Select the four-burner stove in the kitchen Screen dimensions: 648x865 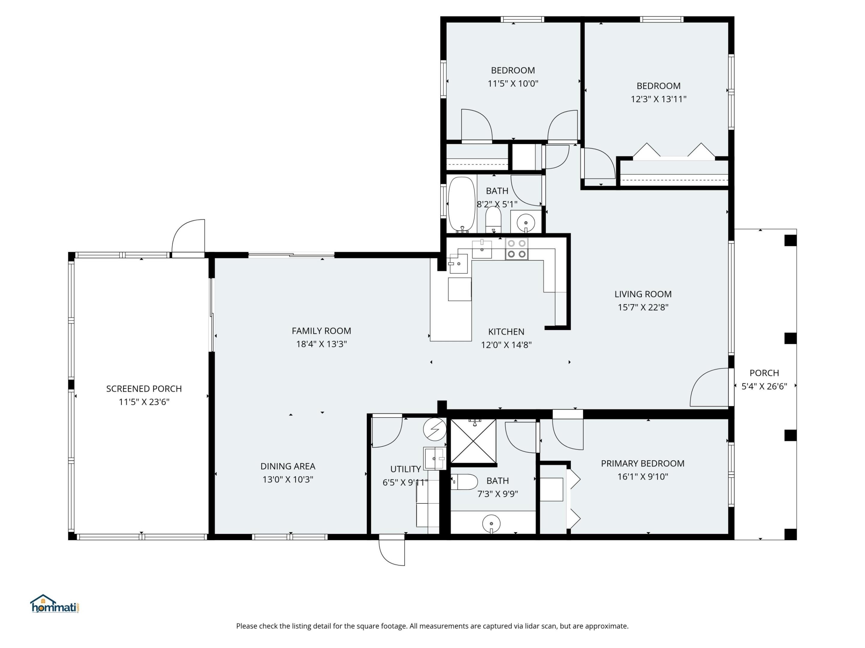[x=516, y=249]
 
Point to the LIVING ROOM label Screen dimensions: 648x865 [x=643, y=294]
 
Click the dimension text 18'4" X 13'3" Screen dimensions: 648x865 [x=321, y=344]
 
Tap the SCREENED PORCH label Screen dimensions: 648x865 [x=144, y=388]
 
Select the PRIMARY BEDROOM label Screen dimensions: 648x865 [x=642, y=463]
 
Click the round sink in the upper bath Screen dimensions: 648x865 [x=526, y=223]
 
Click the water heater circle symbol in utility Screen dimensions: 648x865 [x=435, y=429]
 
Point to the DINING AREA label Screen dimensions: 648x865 [x=288, y=466]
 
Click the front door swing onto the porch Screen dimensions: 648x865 [x=709, y=388]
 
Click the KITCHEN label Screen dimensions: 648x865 [x=506, y=331]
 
